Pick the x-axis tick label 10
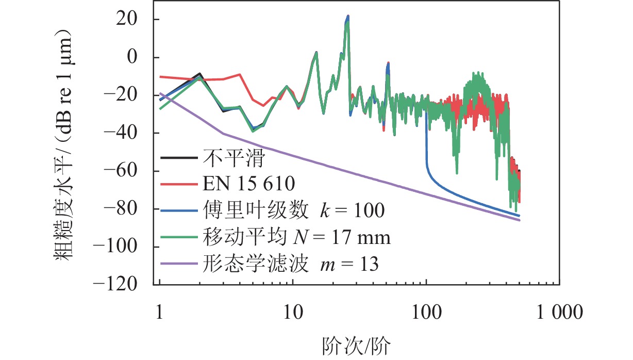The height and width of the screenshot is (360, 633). (x=293, y=312)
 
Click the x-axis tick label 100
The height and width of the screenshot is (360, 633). (x=426, y=312)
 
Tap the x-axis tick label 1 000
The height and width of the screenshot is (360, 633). (x=559, y=312)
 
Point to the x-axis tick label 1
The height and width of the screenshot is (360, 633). (x=160, y=312)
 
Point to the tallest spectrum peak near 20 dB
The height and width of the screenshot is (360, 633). (x=348, y=17)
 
